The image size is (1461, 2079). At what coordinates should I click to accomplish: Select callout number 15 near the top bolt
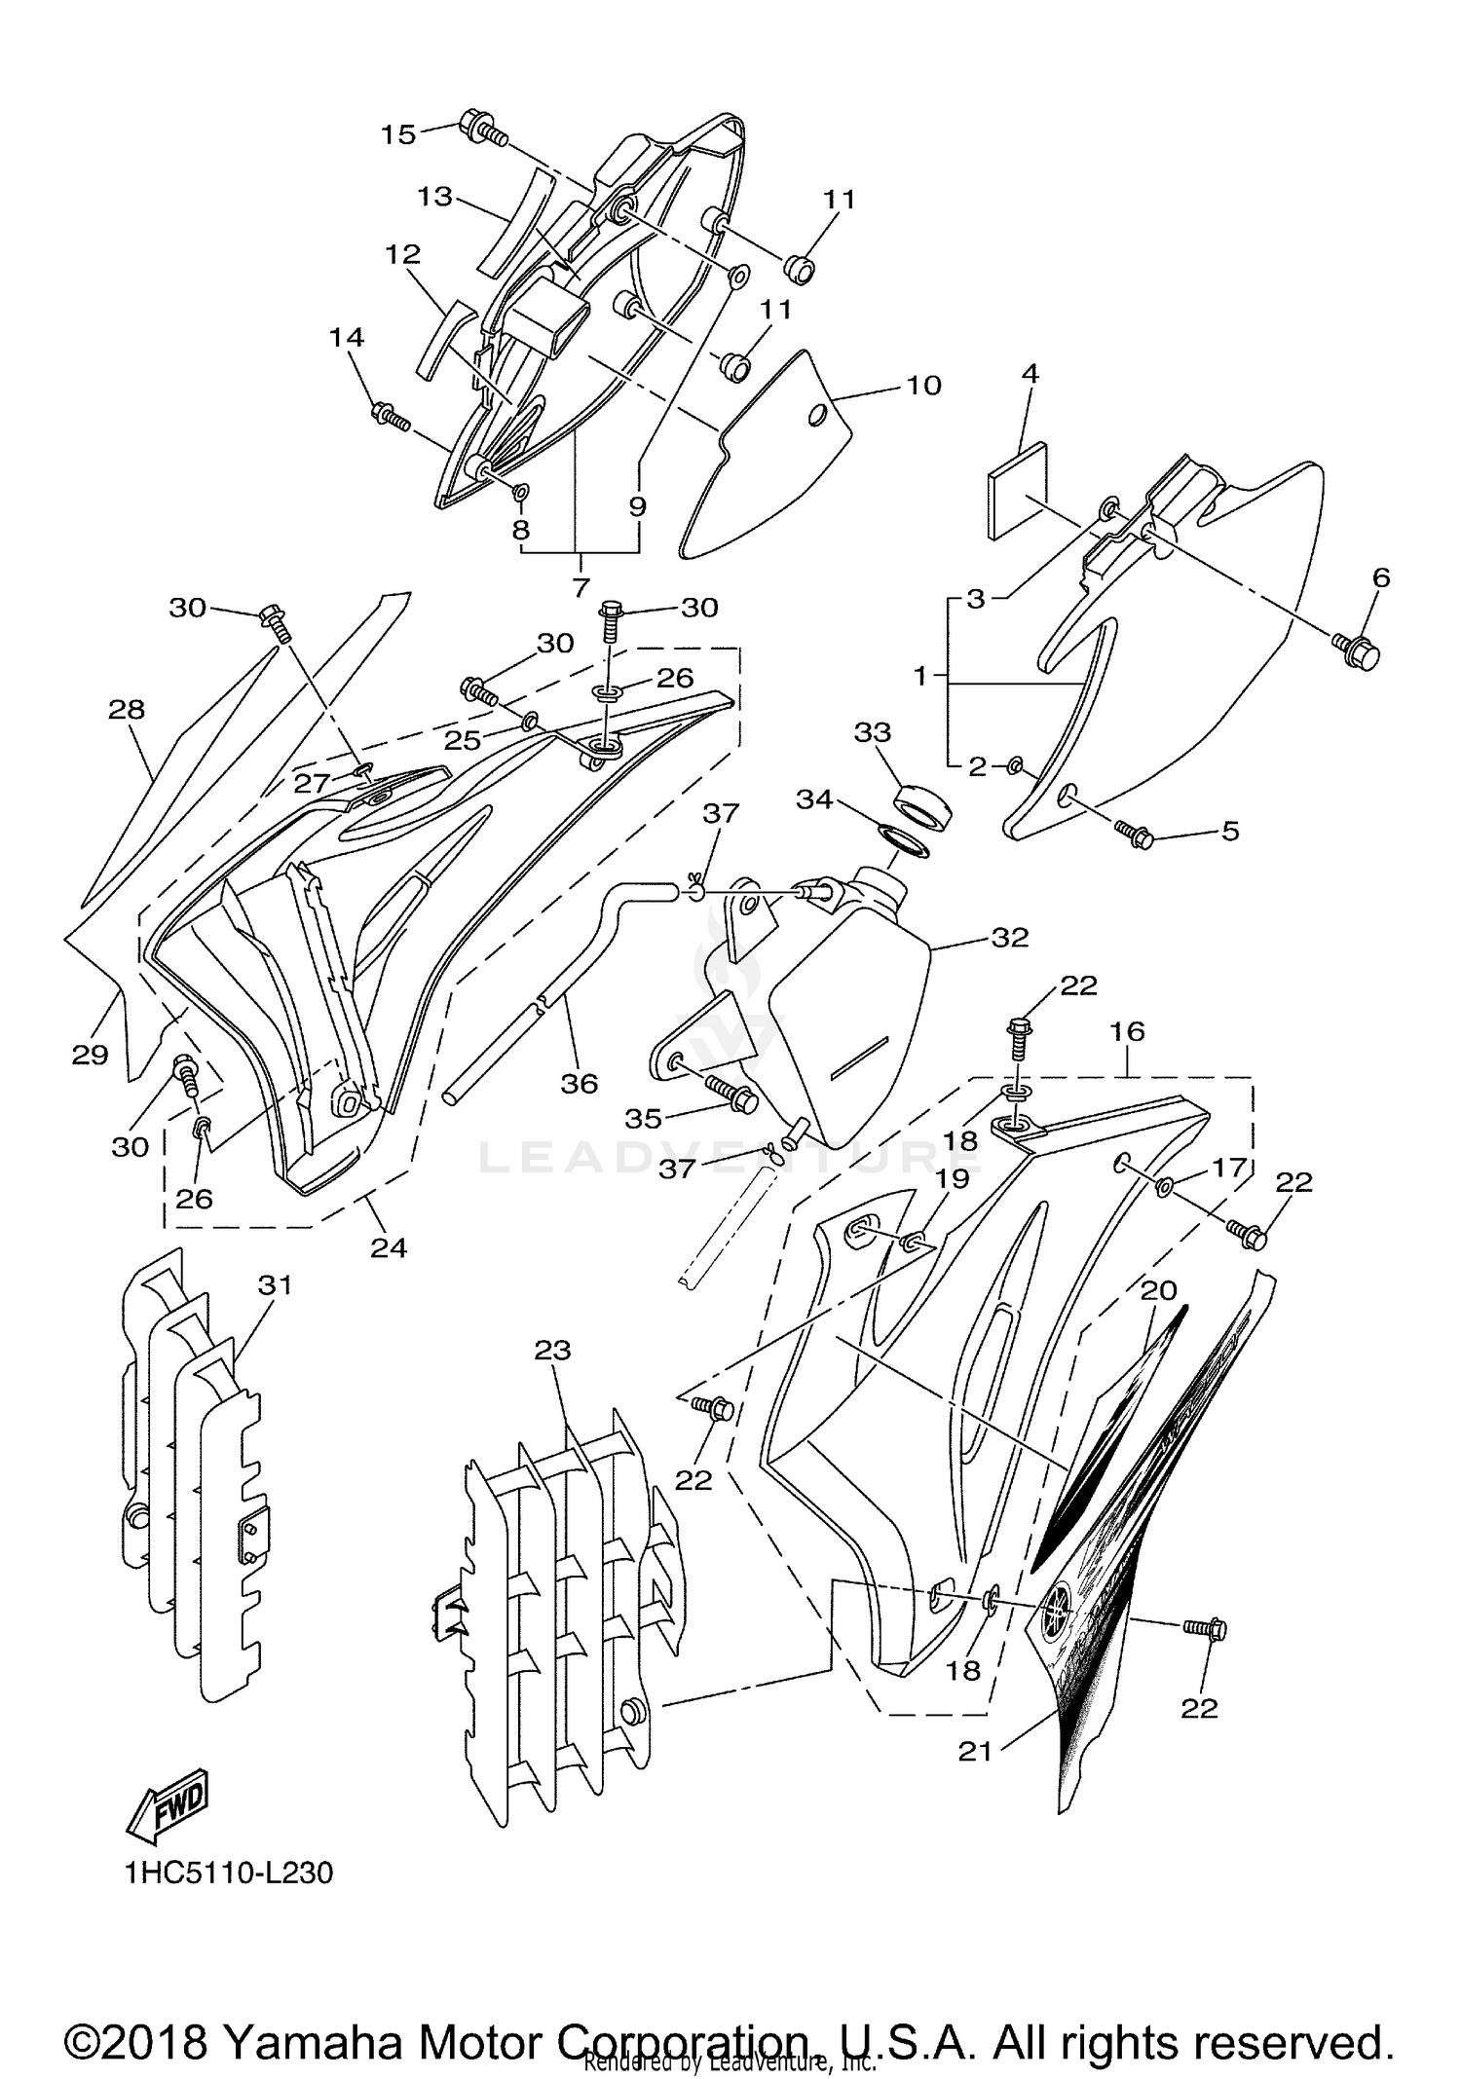click(398, 134)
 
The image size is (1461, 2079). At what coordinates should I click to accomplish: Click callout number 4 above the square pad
click(1030, 373)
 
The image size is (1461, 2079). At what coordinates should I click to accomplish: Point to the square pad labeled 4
click(1017, 490)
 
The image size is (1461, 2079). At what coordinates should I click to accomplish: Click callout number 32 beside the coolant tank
click(1009, 937)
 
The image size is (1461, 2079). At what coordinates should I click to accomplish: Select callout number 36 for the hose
click(579, 1083)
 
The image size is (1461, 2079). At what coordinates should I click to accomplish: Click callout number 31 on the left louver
click(275, 1284)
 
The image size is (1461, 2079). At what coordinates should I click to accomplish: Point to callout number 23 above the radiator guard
click(552, 1351)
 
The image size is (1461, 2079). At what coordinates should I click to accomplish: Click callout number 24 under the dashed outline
click(388, 1247)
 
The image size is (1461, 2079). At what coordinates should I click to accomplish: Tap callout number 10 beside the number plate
click(923, 385)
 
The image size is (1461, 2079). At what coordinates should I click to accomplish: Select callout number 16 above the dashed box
click(1127, 1031)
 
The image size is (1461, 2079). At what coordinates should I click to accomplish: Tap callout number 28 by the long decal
click(127, 709)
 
